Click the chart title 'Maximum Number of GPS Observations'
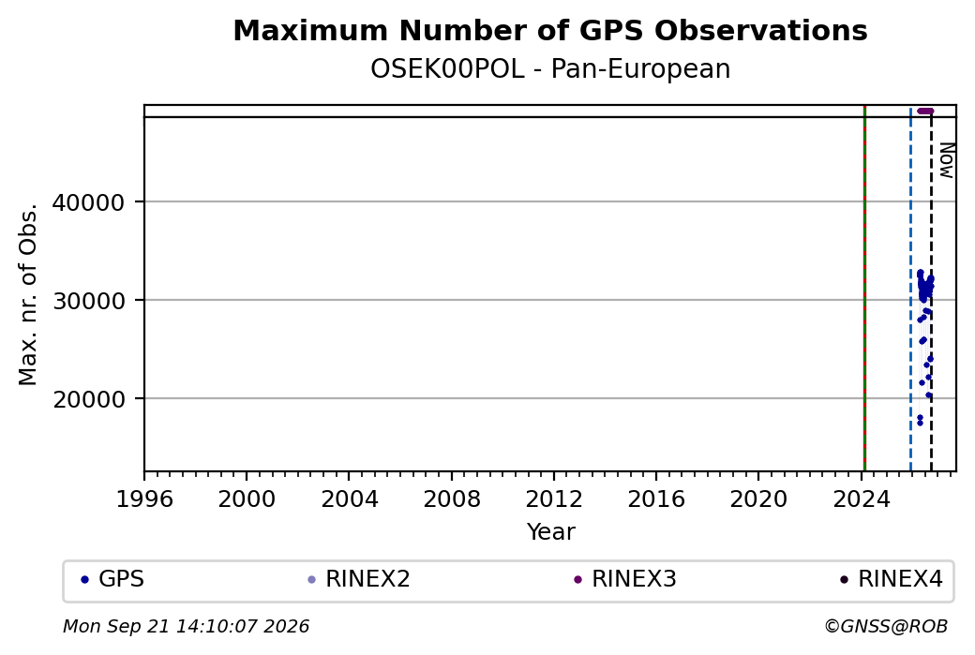[x=550, y=30]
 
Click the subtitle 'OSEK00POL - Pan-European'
[x=550, y=69]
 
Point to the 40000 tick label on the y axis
[x=89, y=202]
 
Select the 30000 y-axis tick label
[x=89, y=301]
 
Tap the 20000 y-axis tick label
[x=89, y=399]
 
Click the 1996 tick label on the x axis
[x=144, y=499]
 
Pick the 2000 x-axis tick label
[x=247, y=499]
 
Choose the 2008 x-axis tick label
[x=452, y=499]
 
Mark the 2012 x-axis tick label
[x=554, y=499]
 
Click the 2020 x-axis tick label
[x=758, y=499]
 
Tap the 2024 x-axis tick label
[x=862, y=499]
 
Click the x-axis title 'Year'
[x=551, y=532]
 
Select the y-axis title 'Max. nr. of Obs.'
[x=28, y=294]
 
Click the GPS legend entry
[x=112, y=579]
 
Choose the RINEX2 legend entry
[x=359, y=579]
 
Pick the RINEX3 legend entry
[x=625, y=579]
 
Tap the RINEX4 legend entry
[x=892, y=579]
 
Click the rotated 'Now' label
[x=946, y=160]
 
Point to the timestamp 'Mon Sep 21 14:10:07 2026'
[x=187, y=626]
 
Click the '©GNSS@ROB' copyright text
[x=886, y=626]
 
